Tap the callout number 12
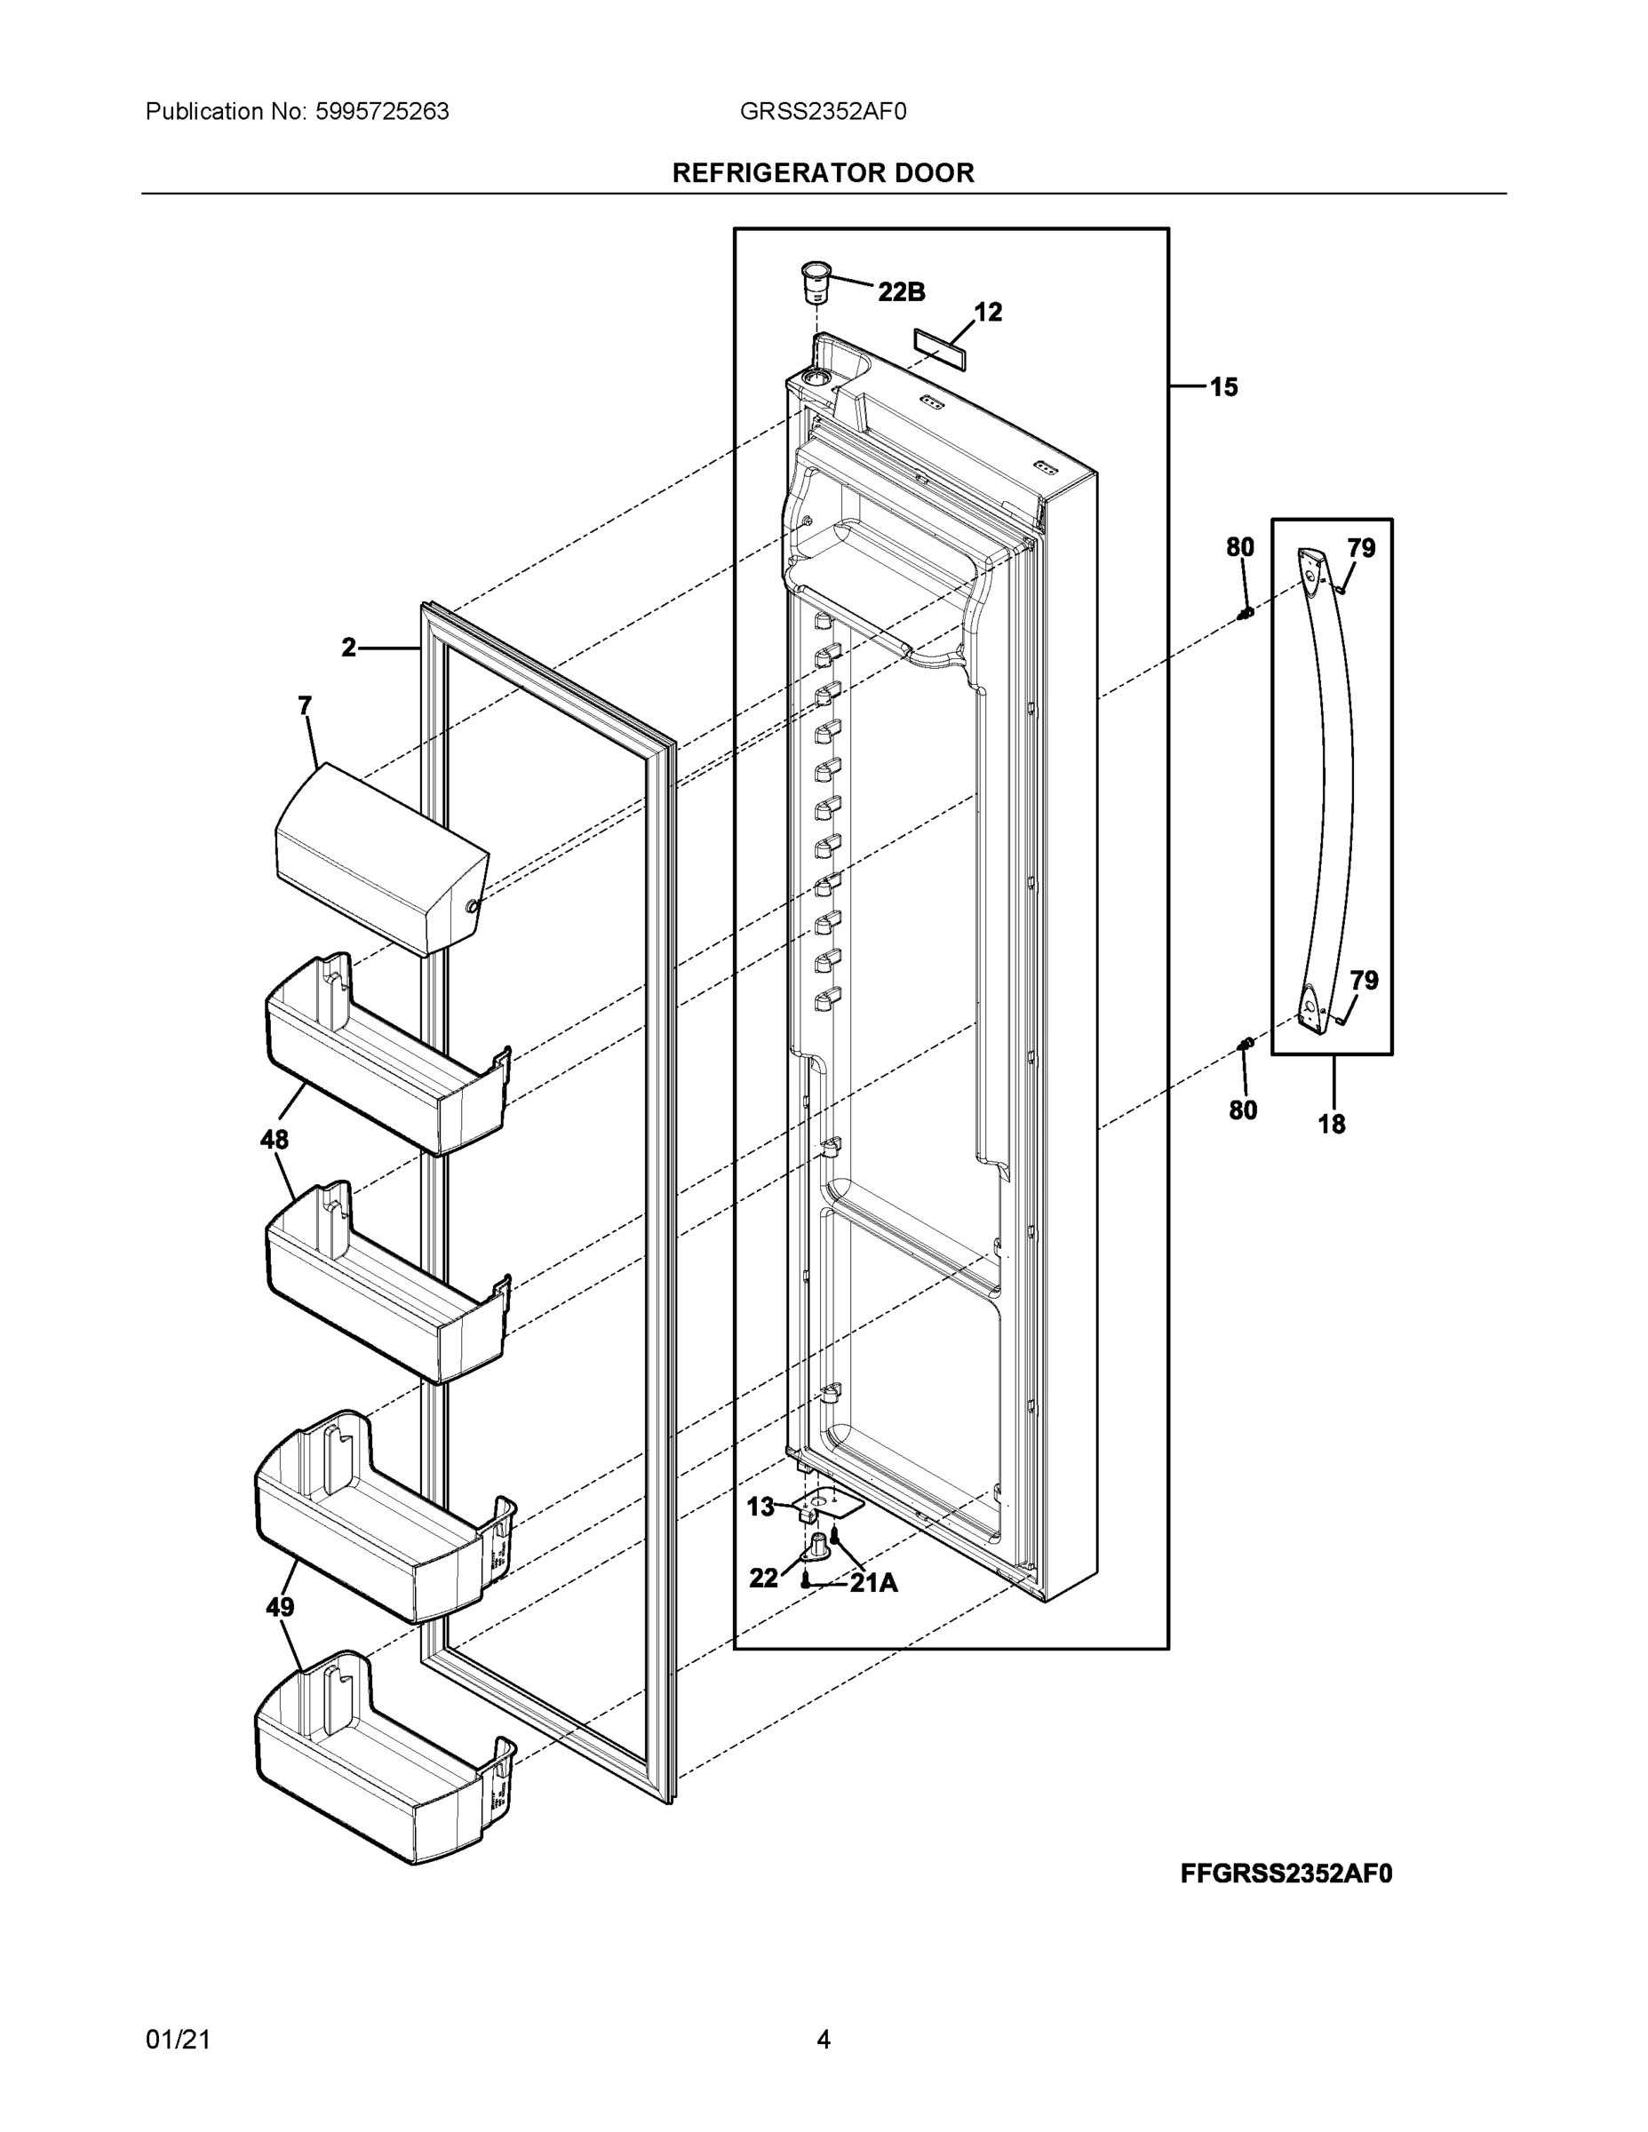click(988, 313)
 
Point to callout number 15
click(1223, 387)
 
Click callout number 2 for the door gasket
click(348, 648)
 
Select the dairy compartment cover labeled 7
click(381, 859)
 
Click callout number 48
click(275, 1139)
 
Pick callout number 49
click(280, 1607)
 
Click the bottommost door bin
click(381, 1757)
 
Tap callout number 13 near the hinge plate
click(760, 1508)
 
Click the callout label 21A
click(874, 1583)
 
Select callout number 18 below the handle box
click(1332, 1125)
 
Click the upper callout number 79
click(1362, 549)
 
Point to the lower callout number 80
click(1243, 1110)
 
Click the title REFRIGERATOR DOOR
click(823, 173)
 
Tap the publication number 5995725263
click(382, 112)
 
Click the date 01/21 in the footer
click(178, 2040)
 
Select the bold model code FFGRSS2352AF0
click(1286, 1873)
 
